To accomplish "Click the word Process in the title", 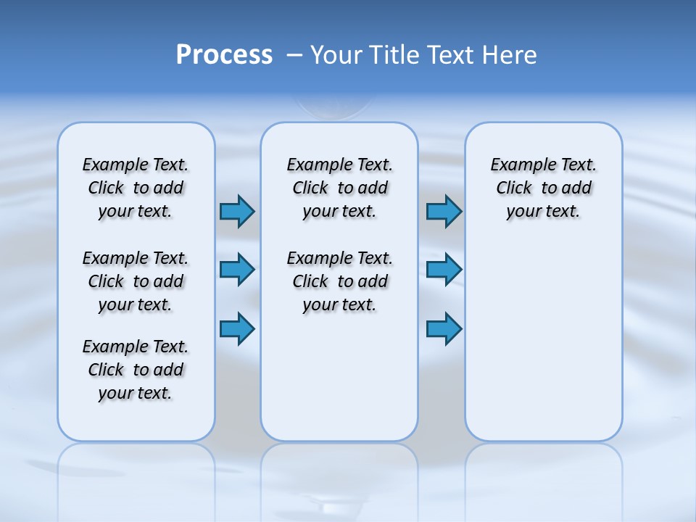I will [224, 55].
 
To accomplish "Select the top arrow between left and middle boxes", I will [237, 211].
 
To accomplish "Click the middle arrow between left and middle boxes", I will [237, 270].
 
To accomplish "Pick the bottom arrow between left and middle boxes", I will [237, 328].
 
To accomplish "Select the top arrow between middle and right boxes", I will [444, 211].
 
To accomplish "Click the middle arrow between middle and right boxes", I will [444, 270].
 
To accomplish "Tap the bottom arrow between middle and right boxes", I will [444, 328].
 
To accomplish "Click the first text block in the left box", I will [136, 188].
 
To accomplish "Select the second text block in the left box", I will [136, 281].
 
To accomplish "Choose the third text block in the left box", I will [136, 370].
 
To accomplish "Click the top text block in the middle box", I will [339, 188].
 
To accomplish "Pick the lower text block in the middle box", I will [339, 281].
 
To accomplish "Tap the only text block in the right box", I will [543, 188].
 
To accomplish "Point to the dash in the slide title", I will [294, 55].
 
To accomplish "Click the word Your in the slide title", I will [336, 55].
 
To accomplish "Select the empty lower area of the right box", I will [543, 341].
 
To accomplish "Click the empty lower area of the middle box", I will [339, 377].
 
